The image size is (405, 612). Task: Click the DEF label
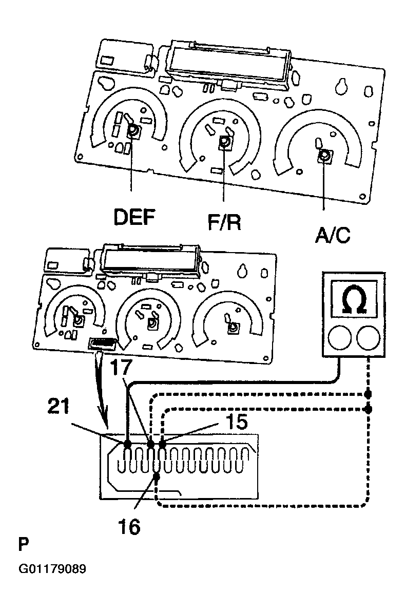134,217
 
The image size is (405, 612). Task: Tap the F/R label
224,222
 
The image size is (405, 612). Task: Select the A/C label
333,235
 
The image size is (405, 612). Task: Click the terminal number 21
59,406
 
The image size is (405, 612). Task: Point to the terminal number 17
121,368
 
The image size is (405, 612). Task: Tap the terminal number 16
129,527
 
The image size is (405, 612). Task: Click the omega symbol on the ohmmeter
354,299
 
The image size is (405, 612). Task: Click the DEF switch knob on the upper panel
133,131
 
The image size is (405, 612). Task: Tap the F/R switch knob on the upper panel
225,142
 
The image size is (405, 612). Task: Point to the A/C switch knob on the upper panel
324,156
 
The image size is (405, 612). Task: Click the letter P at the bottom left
24,544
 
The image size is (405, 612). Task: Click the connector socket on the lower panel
103,343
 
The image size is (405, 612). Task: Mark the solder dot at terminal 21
127,444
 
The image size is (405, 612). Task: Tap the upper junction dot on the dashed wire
368,394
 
